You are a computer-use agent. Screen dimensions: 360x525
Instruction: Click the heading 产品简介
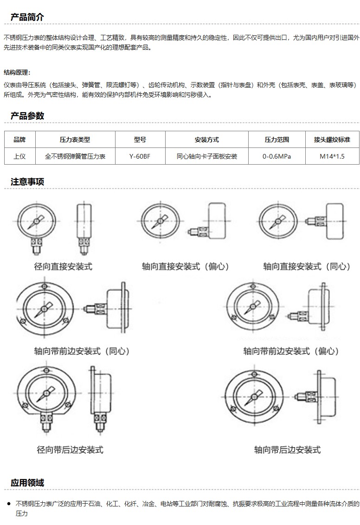(x=27, y=17)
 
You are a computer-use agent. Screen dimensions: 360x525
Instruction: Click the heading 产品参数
(x=27, y=116)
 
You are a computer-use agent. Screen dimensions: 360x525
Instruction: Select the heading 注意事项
(x=27, y=182)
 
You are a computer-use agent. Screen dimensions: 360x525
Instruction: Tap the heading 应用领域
(x=27, y=482)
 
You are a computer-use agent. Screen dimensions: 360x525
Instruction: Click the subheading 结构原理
(x=17, y=72)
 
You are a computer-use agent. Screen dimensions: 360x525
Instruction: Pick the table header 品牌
(x=20, y=140)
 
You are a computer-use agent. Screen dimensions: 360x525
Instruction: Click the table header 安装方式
(x=206, y=140)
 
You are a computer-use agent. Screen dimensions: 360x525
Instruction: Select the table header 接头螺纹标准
(x=332, y=140)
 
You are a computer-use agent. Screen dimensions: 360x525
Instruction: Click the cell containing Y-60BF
(x=140, y=156)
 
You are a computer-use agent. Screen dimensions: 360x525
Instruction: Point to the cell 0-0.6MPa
(x=276, y=156)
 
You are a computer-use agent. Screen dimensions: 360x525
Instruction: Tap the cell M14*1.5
(x=332, y=156)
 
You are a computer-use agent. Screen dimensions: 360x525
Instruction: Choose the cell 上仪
(x=20, y=156)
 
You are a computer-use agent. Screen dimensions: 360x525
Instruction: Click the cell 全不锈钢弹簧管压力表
(x=75, y=156)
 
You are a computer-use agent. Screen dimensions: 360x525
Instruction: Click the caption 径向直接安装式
(x=63, y=267)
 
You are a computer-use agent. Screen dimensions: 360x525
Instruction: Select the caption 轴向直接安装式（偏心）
(x=185, y=267)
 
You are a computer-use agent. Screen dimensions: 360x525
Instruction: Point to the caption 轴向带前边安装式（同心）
(x=81, y=351)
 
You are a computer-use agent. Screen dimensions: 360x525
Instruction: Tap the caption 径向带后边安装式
(x=70, y=450)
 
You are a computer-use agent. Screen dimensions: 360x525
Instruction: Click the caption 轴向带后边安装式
(x=287, y=450)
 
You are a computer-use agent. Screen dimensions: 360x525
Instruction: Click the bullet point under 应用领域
(x=9, y=504)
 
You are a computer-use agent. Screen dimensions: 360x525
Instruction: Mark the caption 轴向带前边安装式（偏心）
(x=291, y=351)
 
